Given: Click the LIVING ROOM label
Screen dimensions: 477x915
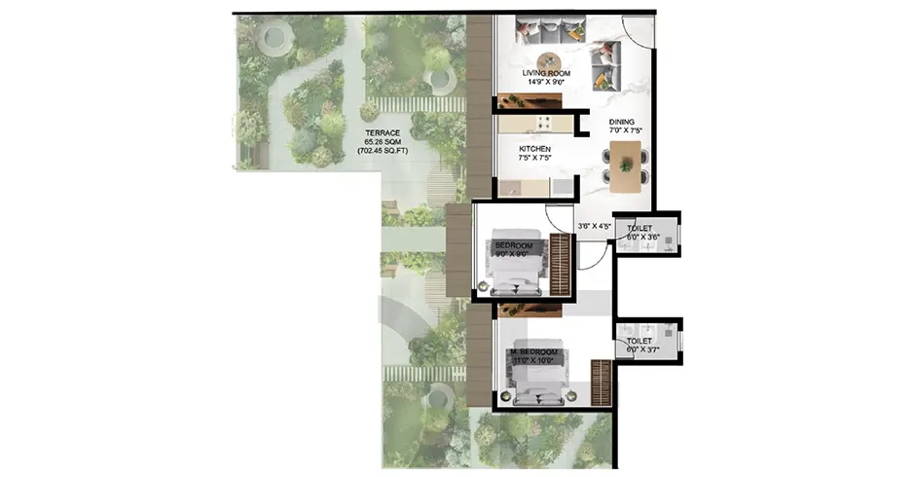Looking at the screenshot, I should pyautogui.click(x=545, y=73).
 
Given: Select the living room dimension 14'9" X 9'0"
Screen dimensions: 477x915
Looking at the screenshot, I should pyautogui.click(x=545, y=84).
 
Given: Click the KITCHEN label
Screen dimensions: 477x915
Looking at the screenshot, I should pyautogui.click(x=534, y=149).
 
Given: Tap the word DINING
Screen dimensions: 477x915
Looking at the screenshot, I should pyautogui.click(x=622, y=122).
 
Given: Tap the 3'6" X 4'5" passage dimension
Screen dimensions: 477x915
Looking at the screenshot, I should pyautogui.click(x=593, y=227).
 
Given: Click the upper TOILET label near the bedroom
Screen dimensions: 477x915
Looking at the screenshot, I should pyautogui.click(x=640, y=228).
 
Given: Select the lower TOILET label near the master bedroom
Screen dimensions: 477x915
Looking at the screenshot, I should pyautogui.click(x=640, y=341).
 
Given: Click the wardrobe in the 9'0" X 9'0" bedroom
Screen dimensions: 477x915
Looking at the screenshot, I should pyautogui.click(x=560, y=264).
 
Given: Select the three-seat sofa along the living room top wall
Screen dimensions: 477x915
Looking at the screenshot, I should pyautogui.click(x=544, y=30).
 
